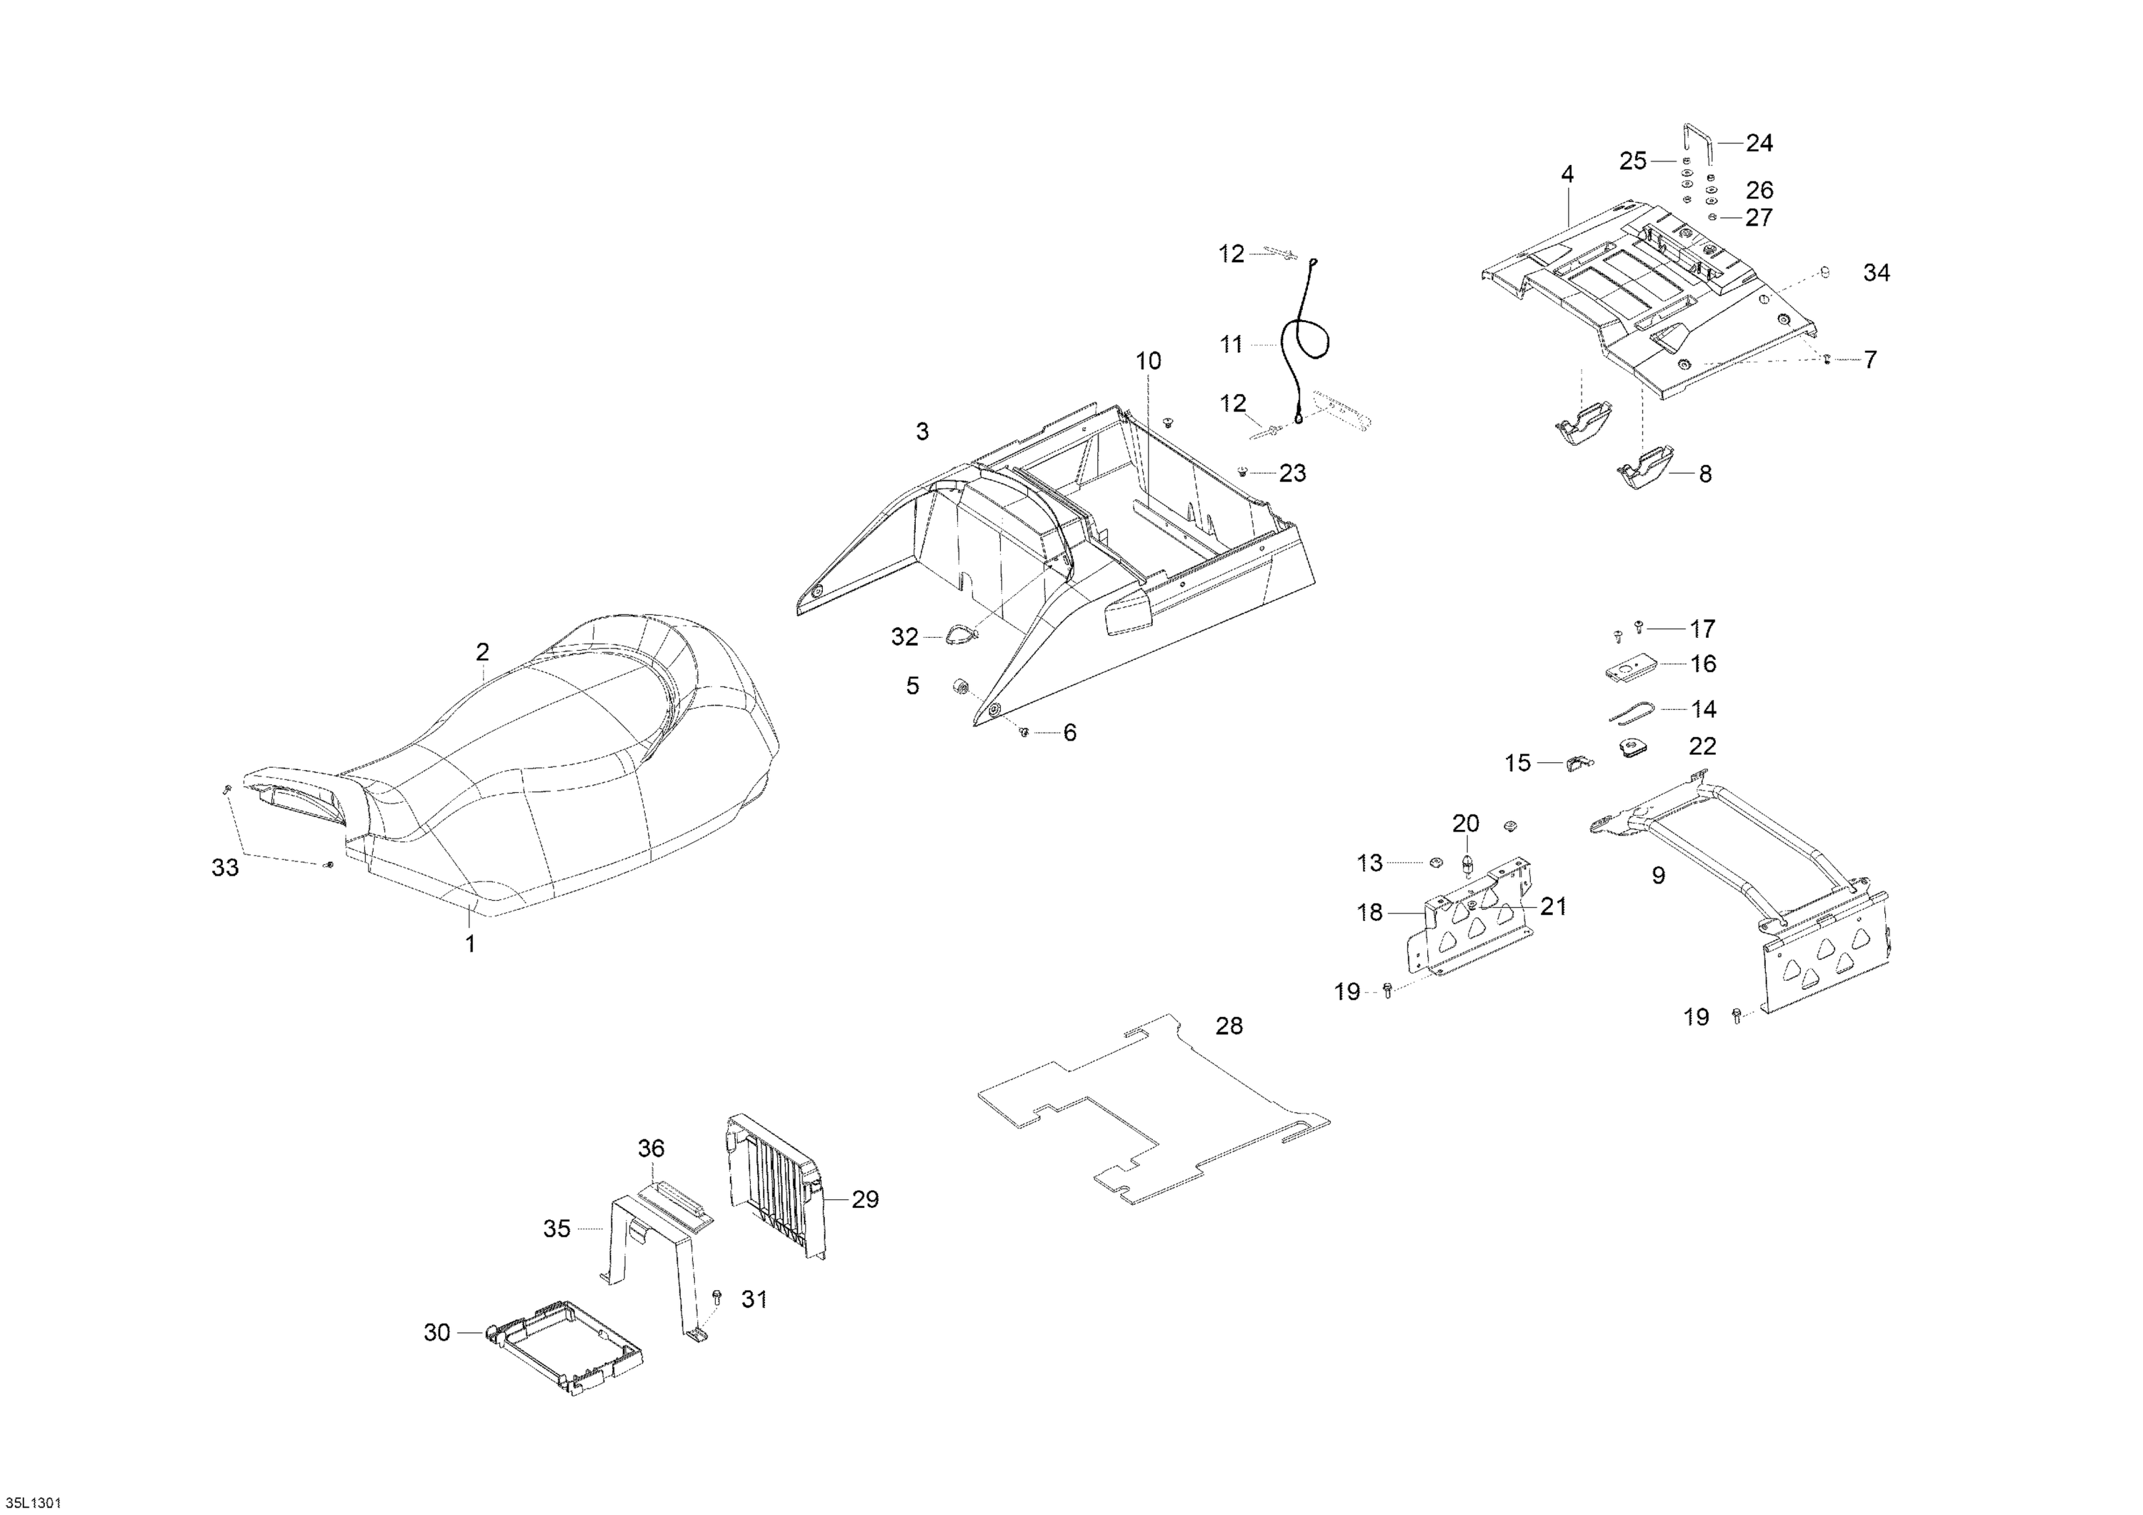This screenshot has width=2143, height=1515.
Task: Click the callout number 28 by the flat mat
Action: pyautogui.click(x=1229, y=1026)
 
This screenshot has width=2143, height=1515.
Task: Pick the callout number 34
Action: pyautogui.click(x=1876, y=273)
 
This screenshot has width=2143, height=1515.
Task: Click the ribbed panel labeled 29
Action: pyautogui.click(x=774, y=1186)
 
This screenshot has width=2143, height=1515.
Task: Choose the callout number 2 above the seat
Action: pyautogui.click(x=483, y=651)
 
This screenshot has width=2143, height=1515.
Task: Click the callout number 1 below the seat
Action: pyautogui.click(x=471, y=944)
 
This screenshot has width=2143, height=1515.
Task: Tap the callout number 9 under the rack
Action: pyautogui.click(x=1658, y=876)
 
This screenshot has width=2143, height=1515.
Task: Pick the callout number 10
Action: pyautogui.click(x=1148, y=360)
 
